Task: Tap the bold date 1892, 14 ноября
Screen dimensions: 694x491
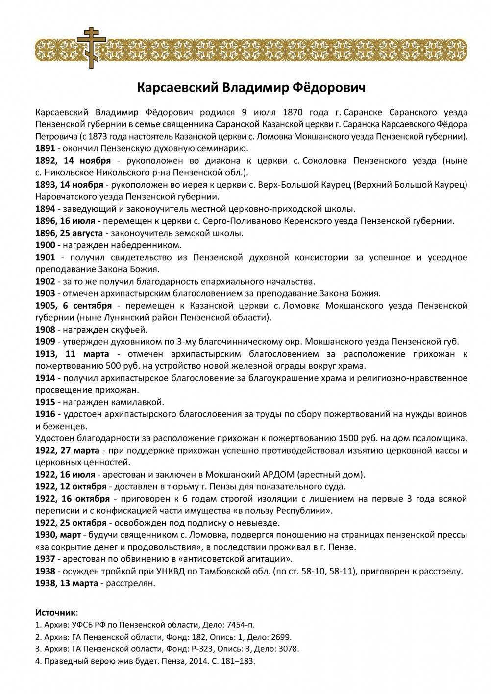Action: pyautogui.click(x=74, y=161)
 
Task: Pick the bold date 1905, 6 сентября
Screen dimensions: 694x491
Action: pyautogui.click(x=74, y=306)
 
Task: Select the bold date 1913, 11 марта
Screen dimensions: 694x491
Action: pyautogui.click(x=72, y=354)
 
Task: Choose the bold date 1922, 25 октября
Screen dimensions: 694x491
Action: pyautogui.click(x=71, y=523)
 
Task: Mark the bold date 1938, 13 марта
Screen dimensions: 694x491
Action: pyautogui.click(x=67, y=583)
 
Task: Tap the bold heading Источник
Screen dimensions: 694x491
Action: pyautogui.click(x=56, y=612)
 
